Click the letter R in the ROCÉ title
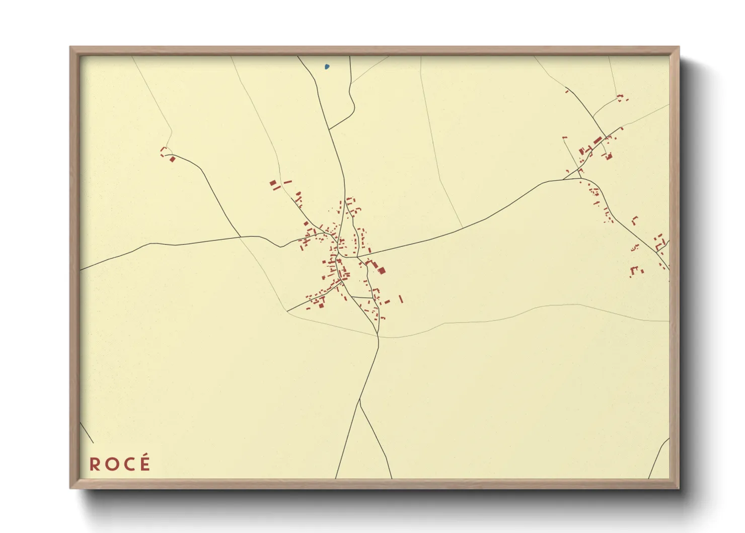95,464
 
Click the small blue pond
327,66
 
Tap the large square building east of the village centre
382,271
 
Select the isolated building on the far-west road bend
173,159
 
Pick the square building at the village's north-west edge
273,183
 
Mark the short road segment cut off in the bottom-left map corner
87,433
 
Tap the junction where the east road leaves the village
357,257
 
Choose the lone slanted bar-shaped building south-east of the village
401,299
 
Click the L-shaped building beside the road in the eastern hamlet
635,220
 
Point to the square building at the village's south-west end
321,305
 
